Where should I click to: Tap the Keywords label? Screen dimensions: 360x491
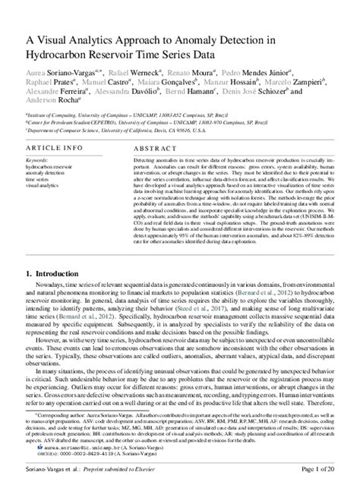pyautogui.click(x=35, y=162)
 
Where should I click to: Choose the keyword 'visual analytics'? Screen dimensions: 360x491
pyautogui.click(x=43, y=184)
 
